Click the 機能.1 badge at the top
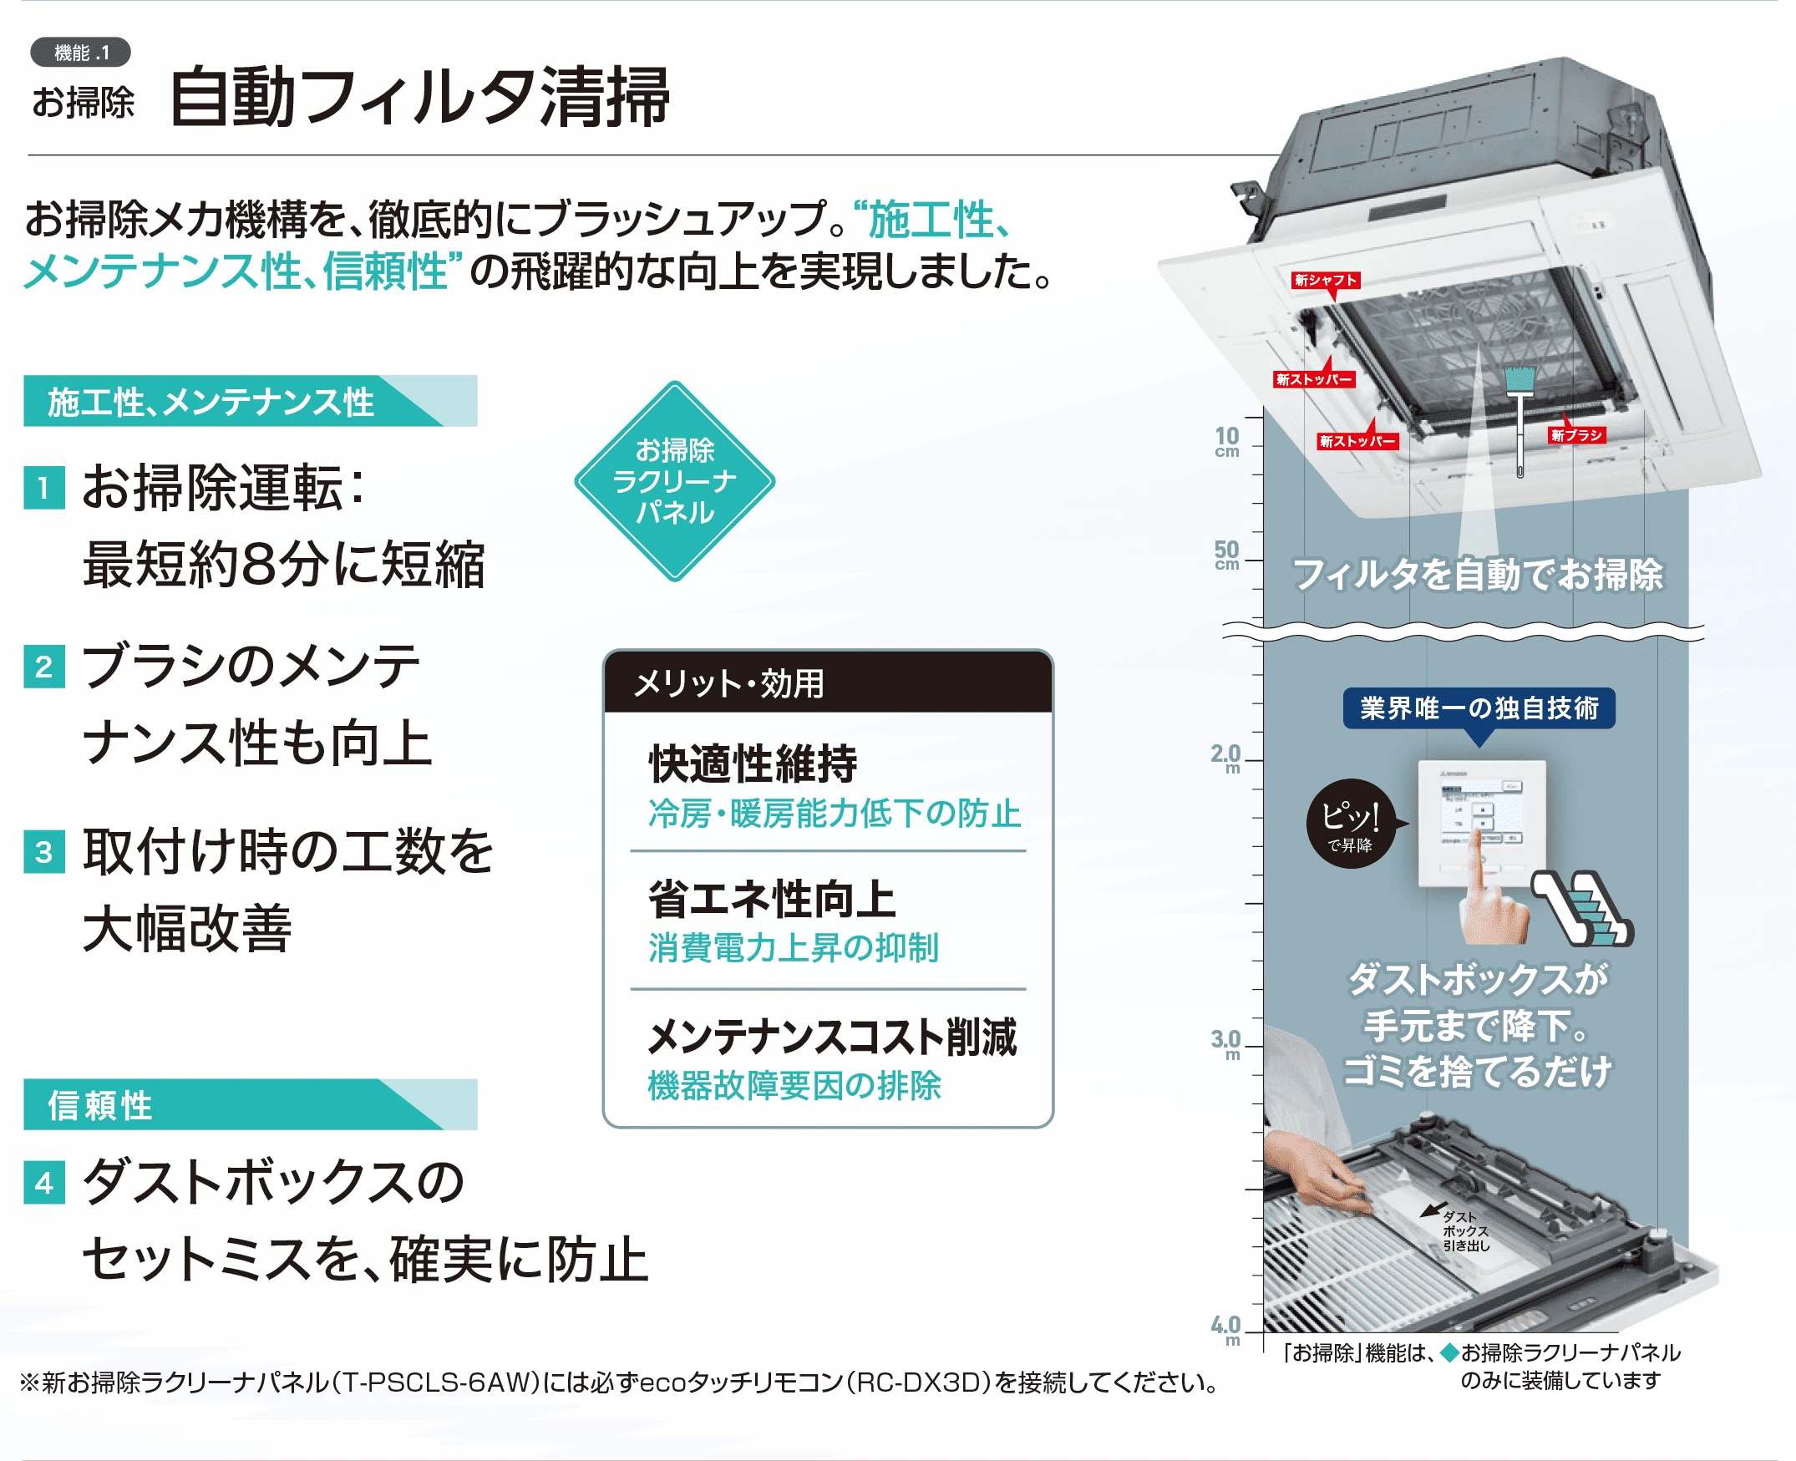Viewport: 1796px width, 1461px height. pos(81,52)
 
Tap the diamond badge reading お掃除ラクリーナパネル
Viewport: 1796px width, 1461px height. pos(674,481)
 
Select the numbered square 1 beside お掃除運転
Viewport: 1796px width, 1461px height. pos(43,488)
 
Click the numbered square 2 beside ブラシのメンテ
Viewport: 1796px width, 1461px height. pos(43,667)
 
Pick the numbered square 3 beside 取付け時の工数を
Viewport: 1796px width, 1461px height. pos(43,853)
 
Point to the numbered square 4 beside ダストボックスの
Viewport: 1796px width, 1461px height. pos(43,1184)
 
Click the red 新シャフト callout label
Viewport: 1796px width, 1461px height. pos(1326,280)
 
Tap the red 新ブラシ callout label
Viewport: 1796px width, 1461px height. pos(1576,435)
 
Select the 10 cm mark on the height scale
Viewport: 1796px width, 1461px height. pos(1227,441)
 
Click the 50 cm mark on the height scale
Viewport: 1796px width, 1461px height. pos(1227,555)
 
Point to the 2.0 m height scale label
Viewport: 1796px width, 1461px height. pos(1225,758)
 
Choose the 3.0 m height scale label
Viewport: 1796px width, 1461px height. pos(1225,1043)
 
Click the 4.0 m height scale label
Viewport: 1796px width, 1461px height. pos(1225,1330)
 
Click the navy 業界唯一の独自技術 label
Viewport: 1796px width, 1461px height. pos(1479,708)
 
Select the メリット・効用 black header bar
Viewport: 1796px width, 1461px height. pos(828,682)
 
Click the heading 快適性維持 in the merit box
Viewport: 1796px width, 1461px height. pos(753,763)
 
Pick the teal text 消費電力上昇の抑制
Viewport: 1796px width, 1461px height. pos(794,947)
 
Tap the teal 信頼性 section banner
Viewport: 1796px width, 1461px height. pos(250,1104)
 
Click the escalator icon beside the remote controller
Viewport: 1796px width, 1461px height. pos(1582,909)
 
